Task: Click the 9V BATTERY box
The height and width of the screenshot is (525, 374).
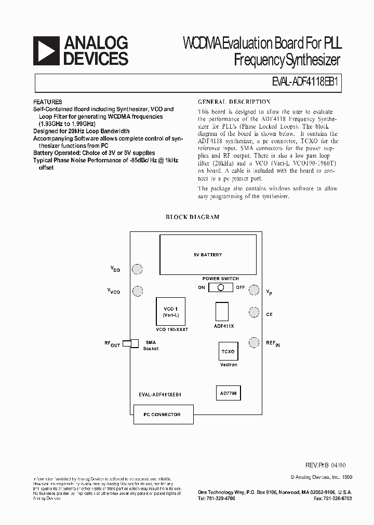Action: tap(208, 254)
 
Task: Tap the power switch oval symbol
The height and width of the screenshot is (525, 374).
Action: tap(221, 287)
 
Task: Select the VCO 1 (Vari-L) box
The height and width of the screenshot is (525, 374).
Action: tap(171, 311)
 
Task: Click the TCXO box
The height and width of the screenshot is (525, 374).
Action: tap(228, 351)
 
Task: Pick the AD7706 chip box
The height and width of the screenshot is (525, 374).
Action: tap(228, 394)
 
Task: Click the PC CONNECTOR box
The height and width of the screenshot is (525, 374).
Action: tap(162, 415)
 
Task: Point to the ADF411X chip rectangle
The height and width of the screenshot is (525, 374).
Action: tap(222, 312)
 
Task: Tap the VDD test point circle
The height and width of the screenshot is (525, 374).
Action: tap(137, 269)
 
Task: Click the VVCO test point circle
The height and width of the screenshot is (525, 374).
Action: tap(137, 291)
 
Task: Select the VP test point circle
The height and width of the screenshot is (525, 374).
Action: tap(254, 290)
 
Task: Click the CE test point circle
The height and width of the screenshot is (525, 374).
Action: tap(254, 312)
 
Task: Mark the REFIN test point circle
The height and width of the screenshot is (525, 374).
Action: tap(254, 342)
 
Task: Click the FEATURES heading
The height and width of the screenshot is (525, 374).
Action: tap(47, 102)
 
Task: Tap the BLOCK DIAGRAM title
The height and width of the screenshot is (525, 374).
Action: tap(192, 217)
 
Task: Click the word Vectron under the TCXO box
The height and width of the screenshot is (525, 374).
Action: tap(229, 365)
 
